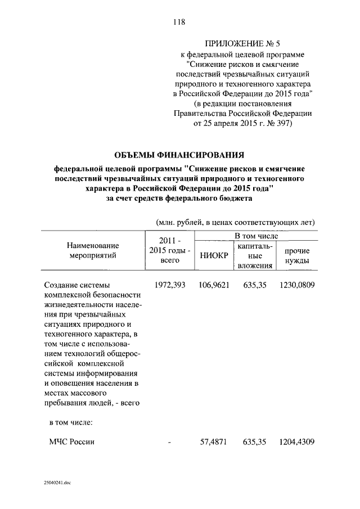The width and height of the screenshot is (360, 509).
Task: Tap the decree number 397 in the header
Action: pos(281,123)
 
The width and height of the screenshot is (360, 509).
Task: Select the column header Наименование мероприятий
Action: pos(93,250)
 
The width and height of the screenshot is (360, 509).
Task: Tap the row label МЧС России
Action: pos(72,443)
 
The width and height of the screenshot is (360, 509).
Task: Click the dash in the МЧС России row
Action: pos(169,443)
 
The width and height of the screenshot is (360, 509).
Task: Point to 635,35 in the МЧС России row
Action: pos(255,443)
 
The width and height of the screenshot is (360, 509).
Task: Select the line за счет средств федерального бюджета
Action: pos(179,199)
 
